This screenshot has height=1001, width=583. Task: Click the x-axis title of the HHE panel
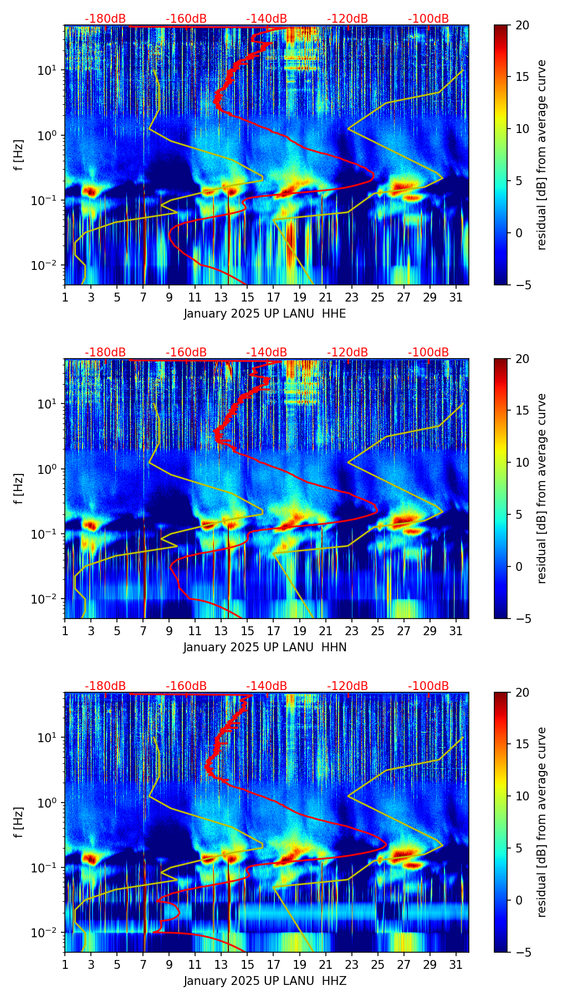(x=265, y=314)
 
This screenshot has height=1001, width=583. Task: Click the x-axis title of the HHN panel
(x=265, y=647)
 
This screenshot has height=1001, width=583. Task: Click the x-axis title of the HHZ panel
(x=265, y=981)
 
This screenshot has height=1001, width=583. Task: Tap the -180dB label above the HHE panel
(x=105, y=19)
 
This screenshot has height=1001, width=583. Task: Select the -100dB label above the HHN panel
(x=428, y=353)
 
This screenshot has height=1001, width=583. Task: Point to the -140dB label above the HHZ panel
(x=267, y=686)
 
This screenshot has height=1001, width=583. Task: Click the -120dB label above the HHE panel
(x=347, y=19)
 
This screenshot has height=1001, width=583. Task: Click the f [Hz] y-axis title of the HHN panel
(x=19, y=488)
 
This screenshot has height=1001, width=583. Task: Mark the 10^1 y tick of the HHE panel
(x=47, y=70)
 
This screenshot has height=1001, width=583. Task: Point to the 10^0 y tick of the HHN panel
(x=47, y=469)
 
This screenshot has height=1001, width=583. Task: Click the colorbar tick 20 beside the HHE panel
(x=521, y=25)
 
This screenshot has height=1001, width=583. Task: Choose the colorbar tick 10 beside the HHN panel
(x=521, y=462)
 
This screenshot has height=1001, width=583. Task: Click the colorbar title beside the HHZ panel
(x=541, y=822)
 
